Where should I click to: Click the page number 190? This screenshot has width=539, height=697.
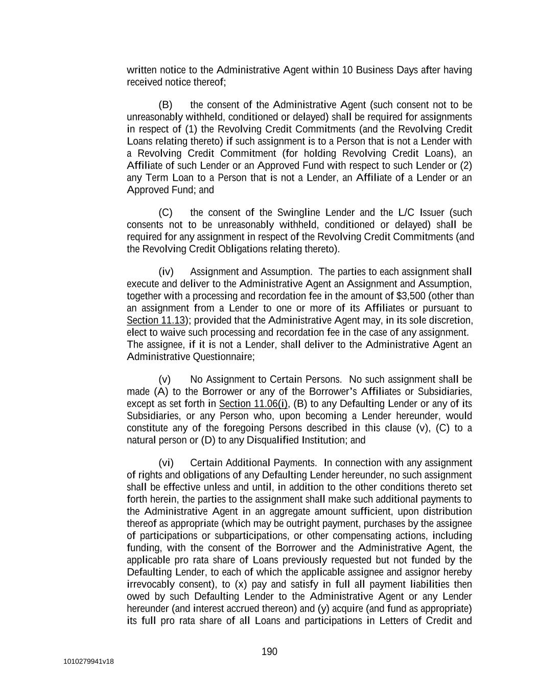click(269, 652)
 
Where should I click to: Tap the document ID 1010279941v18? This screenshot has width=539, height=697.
click(88, 662)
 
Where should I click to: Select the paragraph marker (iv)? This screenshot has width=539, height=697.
click(166, 272)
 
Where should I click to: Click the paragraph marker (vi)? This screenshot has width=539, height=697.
click(166, 463)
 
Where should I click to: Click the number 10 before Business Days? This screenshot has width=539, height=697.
click(347, 70)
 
